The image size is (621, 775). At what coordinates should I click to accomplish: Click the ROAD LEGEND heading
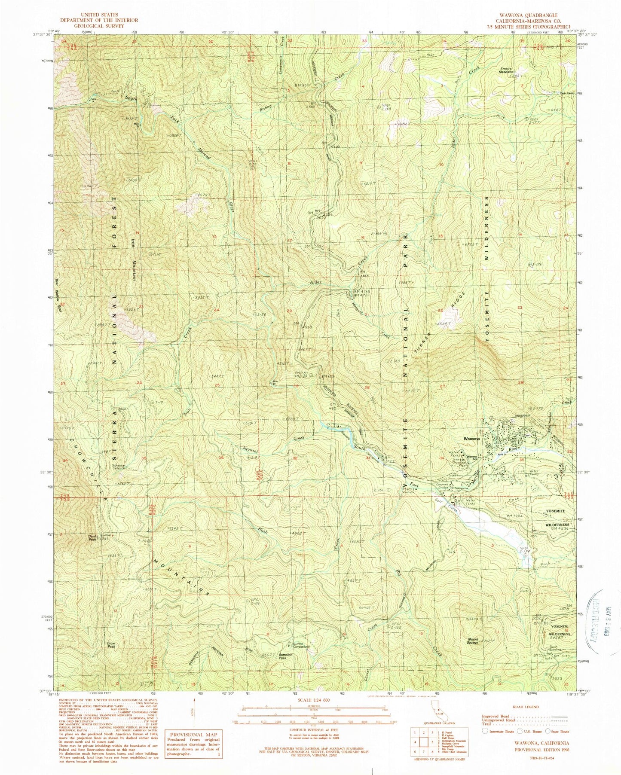tap(532, 706)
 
